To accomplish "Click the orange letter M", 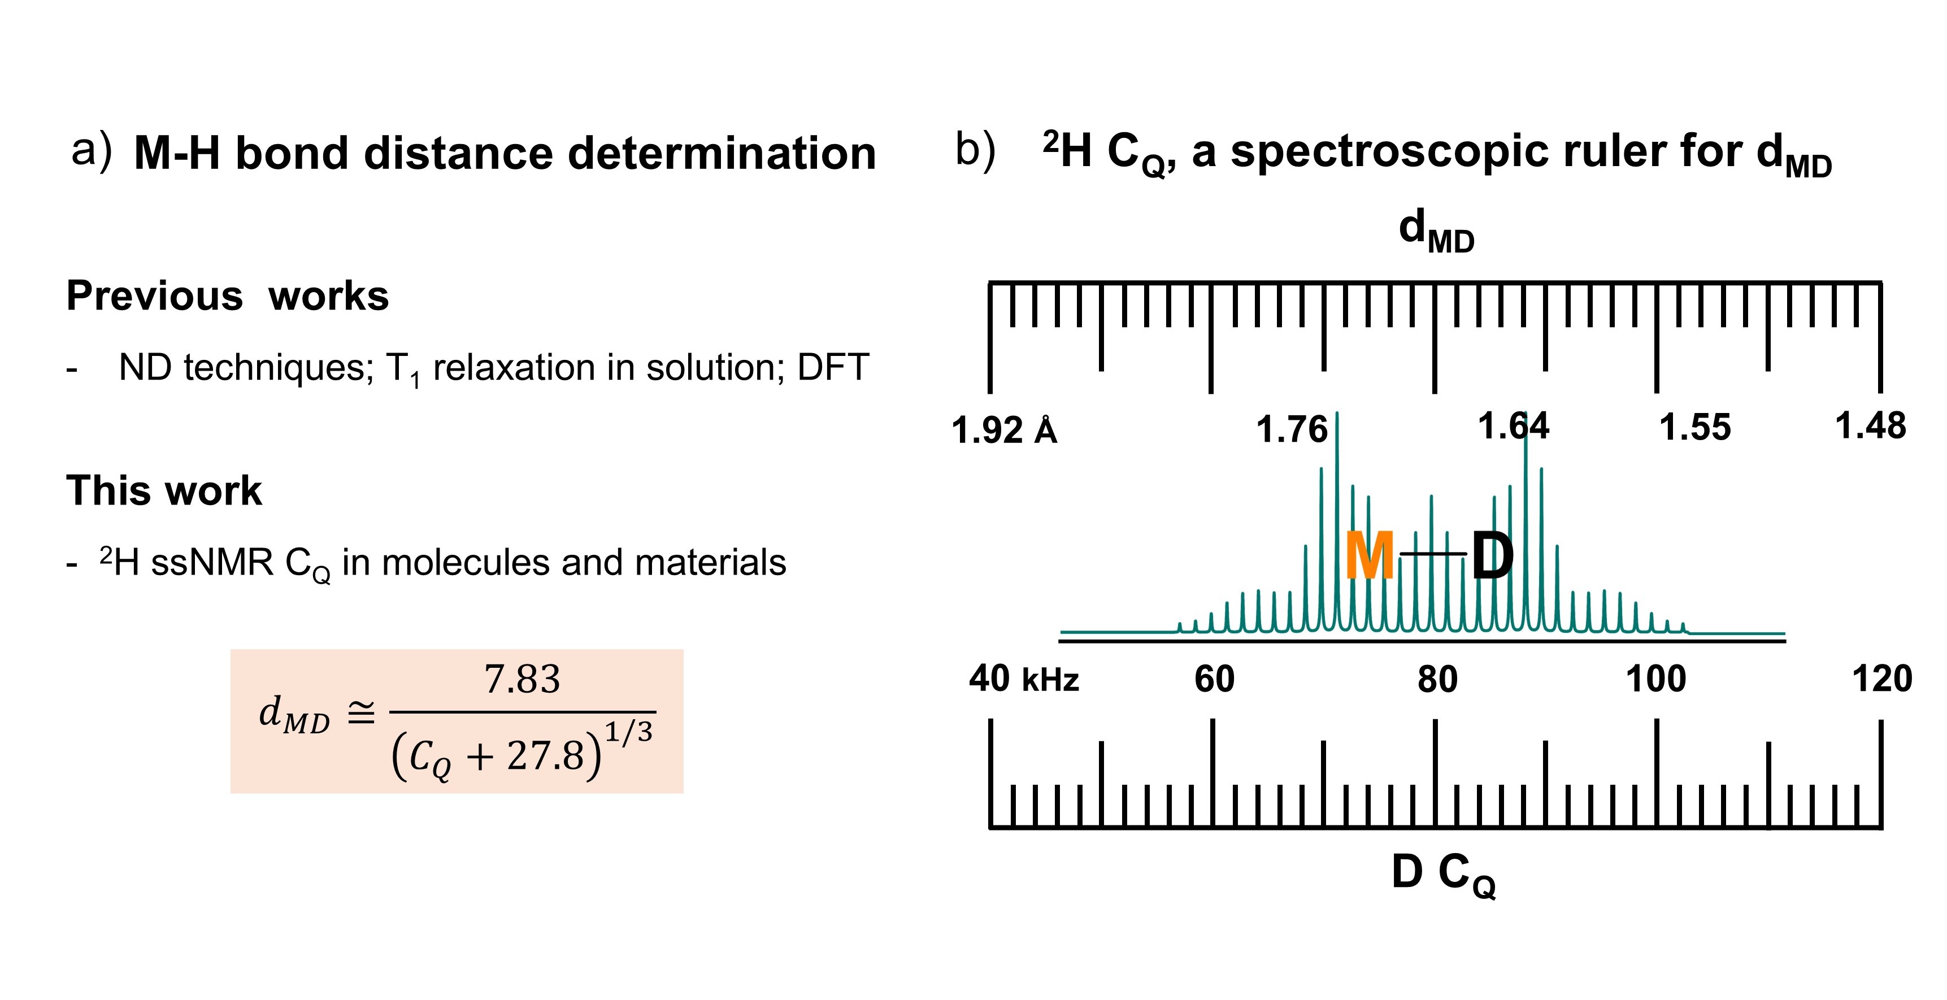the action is (1370, 555).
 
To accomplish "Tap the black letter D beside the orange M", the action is (1493, 555).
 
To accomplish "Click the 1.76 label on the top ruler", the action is (1292, 429).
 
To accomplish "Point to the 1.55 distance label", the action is (1694, 427).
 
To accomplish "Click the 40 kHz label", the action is (1024, 679).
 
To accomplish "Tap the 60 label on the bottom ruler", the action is (1215, 679).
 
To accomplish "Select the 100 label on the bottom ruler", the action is (1656, 679).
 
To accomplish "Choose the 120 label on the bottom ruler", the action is (1882, 679).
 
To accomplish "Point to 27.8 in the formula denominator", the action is (546, 755).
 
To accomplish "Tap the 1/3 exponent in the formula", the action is (629, 732).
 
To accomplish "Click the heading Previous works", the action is (228, 295).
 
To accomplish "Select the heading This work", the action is (164, 490).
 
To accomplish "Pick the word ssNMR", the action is (212, 562).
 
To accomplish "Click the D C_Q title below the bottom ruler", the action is (1444, 875).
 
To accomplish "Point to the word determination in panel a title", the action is (722, 154).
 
